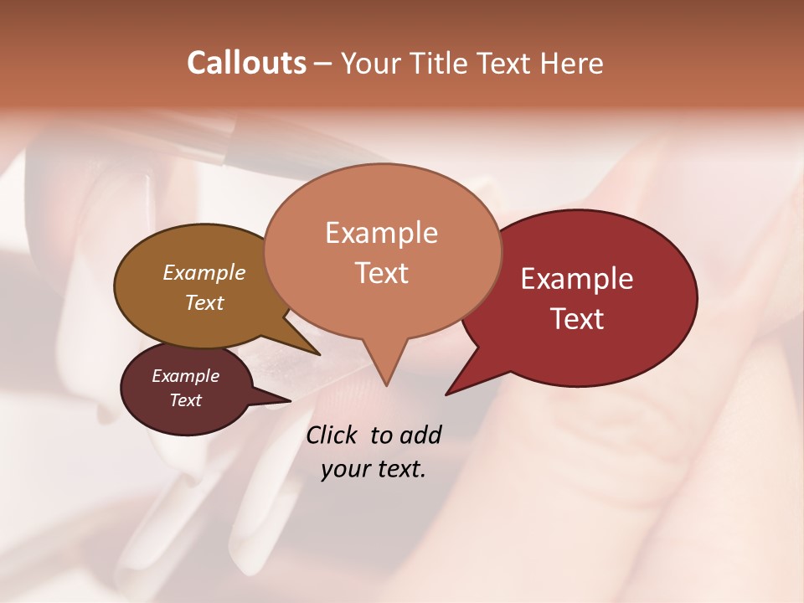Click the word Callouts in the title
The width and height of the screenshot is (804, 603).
pyautogui.click(x=246, y=63)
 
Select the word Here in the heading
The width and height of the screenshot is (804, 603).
pyautogui.click(x=572, y=63)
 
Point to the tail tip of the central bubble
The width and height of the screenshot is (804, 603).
pyautogui.click(x=385, y=384)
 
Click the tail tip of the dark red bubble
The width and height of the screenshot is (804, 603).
pyautogui.click(x=447, y=393)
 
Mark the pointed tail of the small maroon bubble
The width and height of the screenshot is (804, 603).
pyautogui.click(x=289, y=400)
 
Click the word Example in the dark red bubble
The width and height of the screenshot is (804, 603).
pyautogui.click(x=577, y=279)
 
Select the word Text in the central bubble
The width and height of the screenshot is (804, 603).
pyautogui.click(x=382, y=273)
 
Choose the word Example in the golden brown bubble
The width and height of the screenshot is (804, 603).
pyautogui.click(x=204, y=272)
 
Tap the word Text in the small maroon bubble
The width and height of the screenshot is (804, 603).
pyautogui.click(x=186, y=400)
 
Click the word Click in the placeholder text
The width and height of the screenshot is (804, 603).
pyautogui.click(x=332, y=435)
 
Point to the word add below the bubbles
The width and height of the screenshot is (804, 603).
pyautogui.click(x=420, y=435)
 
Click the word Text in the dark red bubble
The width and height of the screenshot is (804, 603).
pyautogui.click(x=578, y=319)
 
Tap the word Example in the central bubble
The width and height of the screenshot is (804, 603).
pyautogui.click(x=382, y=233)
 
